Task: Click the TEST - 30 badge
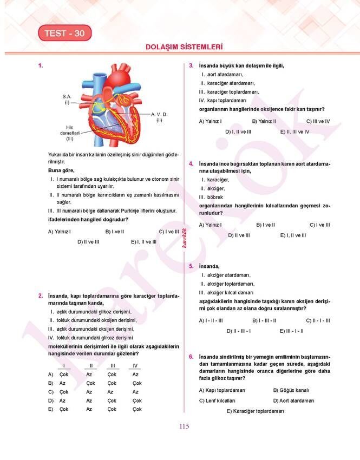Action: (x=64, y=34)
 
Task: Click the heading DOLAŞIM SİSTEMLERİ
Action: (x=184, y=47)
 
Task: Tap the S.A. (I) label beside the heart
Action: (x=67, y=99)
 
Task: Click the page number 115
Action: (x=184, y=426)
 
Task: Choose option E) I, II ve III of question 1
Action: (x=143, y=242)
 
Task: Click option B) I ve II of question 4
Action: (x=265, y=225)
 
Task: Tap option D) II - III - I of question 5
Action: (x=238, y=331)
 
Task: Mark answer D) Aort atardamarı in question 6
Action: (x=293, y=400)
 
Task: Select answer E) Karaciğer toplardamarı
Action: (x=256, y=411)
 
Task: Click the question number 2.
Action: (x=41, y=296)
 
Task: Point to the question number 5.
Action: (x=191, y=266)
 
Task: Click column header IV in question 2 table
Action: (x=135, y=366)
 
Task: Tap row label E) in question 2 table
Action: (x=51, y=409)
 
